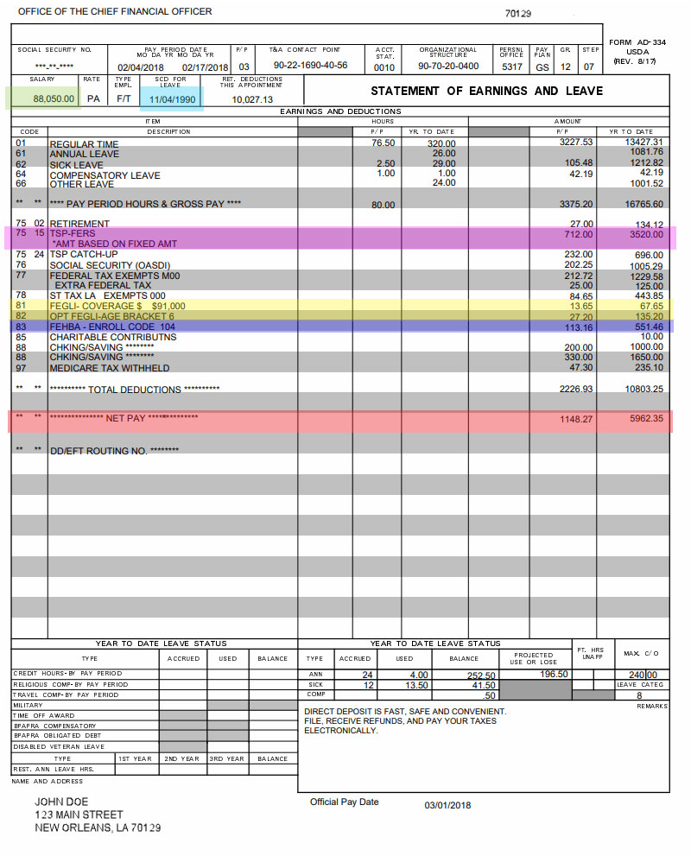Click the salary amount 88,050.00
tap(53, 99)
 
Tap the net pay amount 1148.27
tap(576, 419)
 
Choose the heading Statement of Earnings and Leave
tap(486, 91)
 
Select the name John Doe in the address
tap(61, 802)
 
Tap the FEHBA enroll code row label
tap(112, 327)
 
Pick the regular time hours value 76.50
tap(383, 143)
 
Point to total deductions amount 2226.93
tap(576, 390)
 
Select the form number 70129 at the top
tap(517, 14)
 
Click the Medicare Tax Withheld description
tap(109, 368)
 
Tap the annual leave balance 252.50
tap(480, 675)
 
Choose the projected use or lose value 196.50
tap(553, 675)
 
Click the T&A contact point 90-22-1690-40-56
tap(310, 66)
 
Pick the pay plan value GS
tap(542, 67)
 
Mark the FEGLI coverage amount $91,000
tap(168, 306)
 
